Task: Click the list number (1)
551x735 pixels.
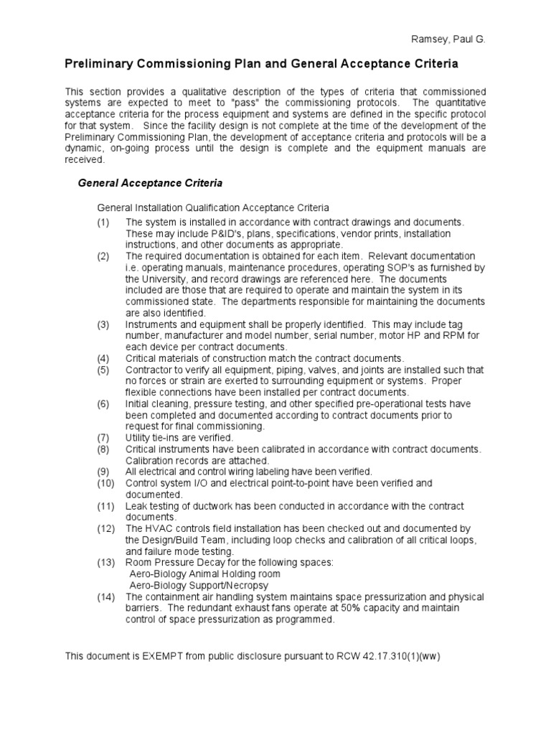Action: click(105, 223)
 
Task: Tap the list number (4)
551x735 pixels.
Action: click(105, 357)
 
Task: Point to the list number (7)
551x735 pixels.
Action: click(105, 437)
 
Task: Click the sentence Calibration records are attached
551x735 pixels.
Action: click(197, 460)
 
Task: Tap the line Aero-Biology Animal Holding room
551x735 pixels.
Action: click(204, 574)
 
